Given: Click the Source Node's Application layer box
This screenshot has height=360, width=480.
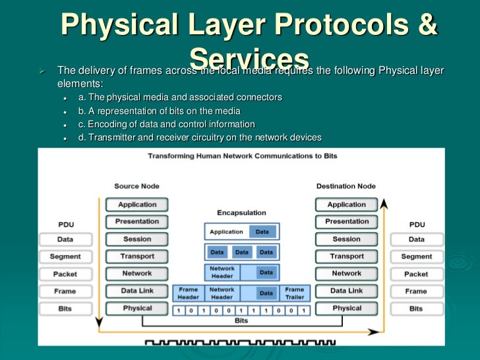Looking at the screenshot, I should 137,204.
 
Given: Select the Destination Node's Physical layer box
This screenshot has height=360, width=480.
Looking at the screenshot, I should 347,308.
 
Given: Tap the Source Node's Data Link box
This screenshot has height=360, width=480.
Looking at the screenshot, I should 137,291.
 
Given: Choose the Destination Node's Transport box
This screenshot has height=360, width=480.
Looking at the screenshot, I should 347,256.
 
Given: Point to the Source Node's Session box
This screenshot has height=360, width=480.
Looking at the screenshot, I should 137,239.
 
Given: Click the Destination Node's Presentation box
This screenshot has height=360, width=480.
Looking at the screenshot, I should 347,222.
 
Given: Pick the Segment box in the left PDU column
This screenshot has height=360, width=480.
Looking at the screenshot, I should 65,256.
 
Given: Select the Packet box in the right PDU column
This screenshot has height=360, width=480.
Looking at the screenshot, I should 416,274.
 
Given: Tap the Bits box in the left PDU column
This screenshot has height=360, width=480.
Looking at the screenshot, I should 65,308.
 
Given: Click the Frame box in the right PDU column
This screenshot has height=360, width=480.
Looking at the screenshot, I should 416,291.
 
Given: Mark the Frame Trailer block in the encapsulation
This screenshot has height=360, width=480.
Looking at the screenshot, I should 294,293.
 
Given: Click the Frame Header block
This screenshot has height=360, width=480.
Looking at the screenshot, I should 189,293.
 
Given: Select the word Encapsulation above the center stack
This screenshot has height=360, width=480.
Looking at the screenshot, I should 241,213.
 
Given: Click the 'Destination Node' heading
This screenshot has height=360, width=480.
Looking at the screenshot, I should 346,187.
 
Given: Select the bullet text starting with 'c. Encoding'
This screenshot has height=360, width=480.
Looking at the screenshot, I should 166,124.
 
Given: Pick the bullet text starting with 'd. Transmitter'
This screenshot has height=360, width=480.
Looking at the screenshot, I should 199,137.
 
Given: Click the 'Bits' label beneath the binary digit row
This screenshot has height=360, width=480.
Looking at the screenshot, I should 241,320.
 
